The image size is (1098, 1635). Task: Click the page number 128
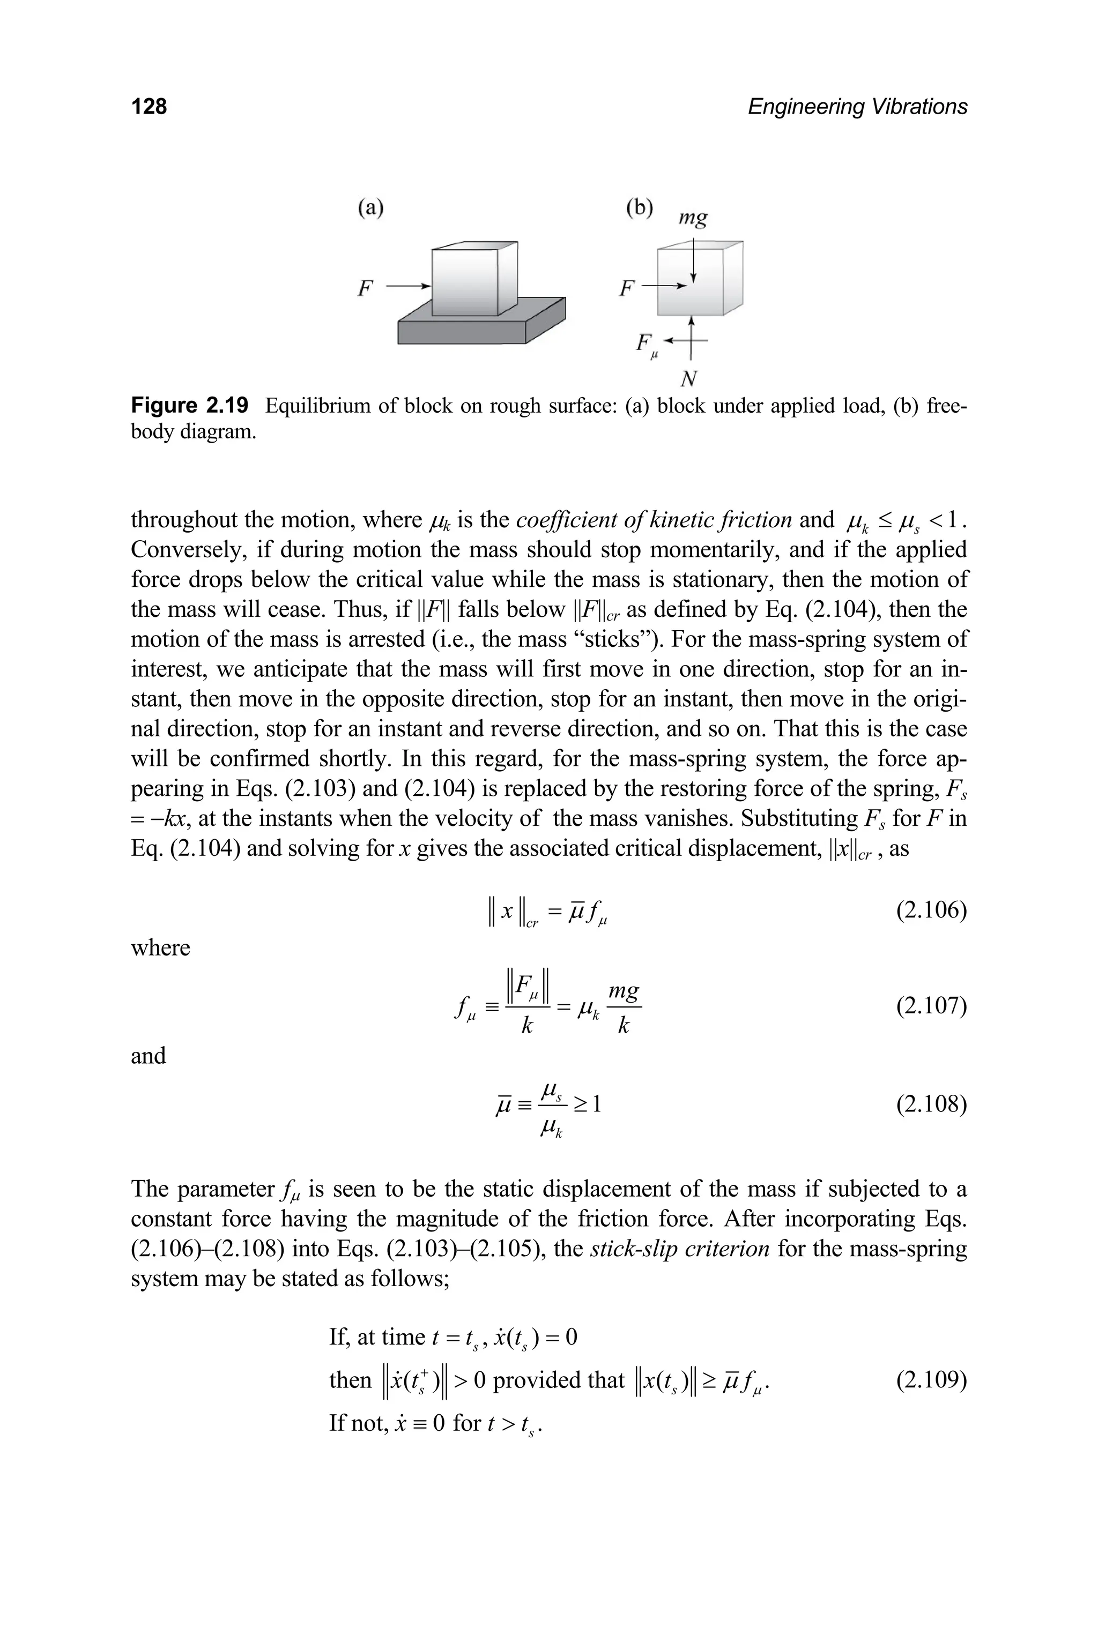tap(149, 107)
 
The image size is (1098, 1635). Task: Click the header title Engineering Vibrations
tap(857, 107)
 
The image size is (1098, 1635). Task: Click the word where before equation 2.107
tap(160, 947)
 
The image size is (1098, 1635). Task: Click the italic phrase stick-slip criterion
tap(679, 1249)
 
